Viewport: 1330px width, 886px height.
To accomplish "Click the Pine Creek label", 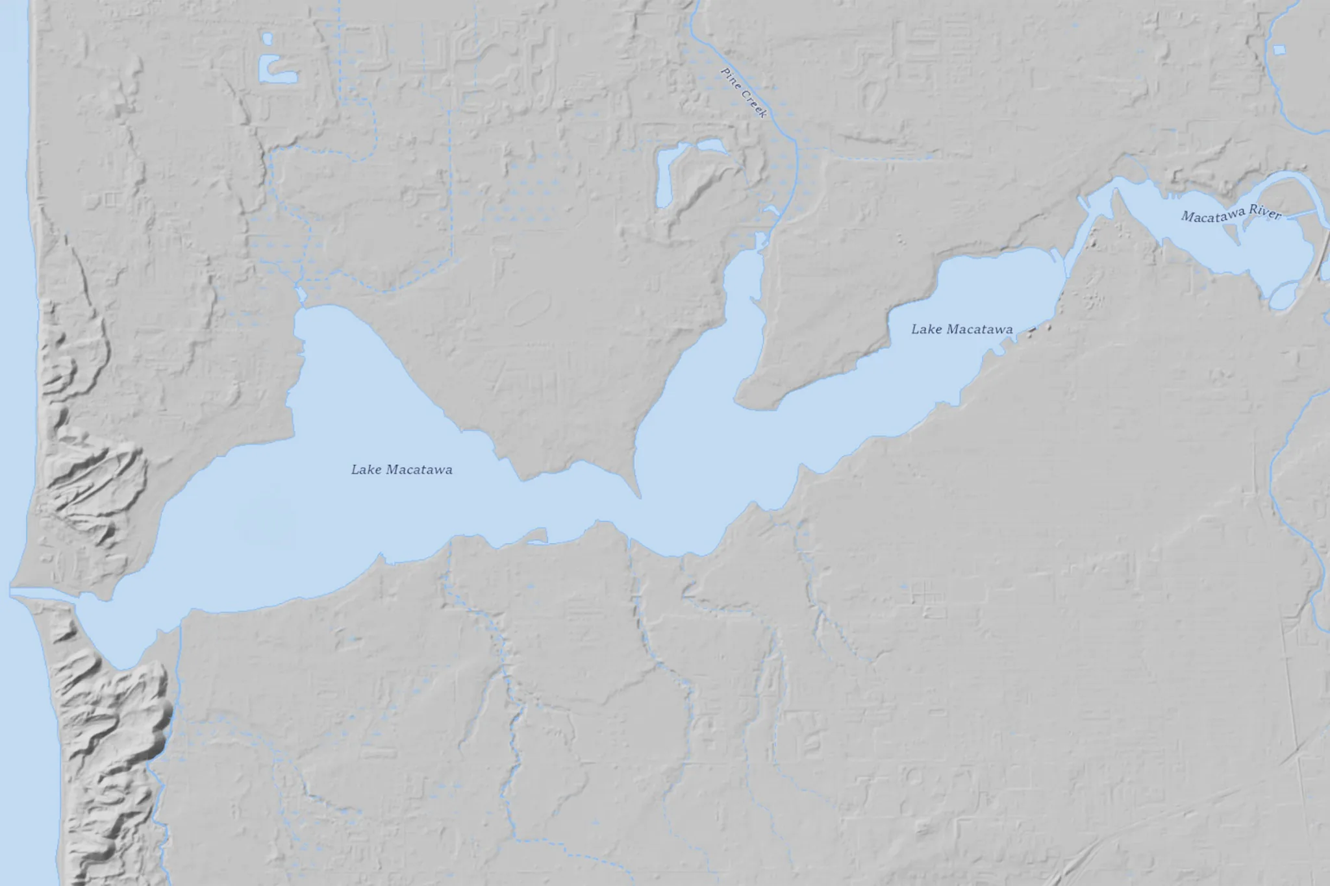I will (x=745, y=92).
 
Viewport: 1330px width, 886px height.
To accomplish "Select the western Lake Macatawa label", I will (x=401, y=469).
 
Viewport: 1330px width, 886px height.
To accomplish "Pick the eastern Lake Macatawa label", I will (x=962, y=330).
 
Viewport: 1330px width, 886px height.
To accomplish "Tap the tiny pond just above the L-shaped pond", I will (x=267, y=38).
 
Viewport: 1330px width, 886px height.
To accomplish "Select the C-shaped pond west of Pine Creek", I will (x=669, y=172).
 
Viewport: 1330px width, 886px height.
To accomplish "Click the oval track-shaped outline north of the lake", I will (x=527, y=307).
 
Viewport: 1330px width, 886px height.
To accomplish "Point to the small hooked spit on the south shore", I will (x=537, y=535).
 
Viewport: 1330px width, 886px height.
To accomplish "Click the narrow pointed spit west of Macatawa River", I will (x=1118, y=198).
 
